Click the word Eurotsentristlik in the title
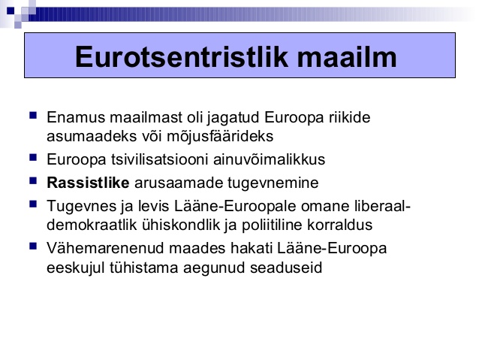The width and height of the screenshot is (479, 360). point(182,57)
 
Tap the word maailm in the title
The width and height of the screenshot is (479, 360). point(347,57)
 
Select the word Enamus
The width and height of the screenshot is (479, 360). point(76,117)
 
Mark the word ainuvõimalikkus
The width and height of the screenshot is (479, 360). point(269,159)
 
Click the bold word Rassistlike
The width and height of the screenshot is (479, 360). point(89,183)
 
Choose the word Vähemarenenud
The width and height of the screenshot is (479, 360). point(106,248)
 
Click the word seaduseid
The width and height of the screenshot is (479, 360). point(286,268)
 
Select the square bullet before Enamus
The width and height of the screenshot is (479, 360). point(33,116)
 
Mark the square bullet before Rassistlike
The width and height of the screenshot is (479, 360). point(33,181)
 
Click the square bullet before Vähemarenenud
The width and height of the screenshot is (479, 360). point(33,247)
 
